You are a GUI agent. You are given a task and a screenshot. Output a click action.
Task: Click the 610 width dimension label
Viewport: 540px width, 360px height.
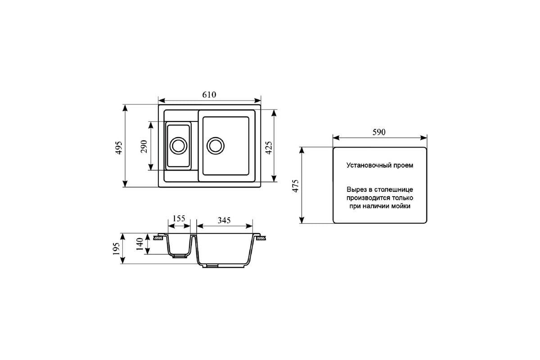(x=209, y=95)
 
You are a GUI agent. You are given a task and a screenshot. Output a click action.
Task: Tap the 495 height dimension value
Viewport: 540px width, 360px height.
(x=119, y=148)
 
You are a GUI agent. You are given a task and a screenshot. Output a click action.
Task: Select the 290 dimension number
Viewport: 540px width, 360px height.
(x=144, y=146)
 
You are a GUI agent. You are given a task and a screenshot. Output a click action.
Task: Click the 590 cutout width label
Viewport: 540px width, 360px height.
(x=379, y=132)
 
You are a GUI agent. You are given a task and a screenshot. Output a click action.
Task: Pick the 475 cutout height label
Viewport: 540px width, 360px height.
(x=295, y=186)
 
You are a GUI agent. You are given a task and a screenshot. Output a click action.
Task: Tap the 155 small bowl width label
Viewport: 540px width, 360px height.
(x=179, y=218)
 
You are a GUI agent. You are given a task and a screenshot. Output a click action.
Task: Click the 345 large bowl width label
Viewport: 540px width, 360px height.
(x=224, y=220)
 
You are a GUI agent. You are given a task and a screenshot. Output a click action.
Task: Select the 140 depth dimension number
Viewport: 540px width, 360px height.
(x=140, y=244)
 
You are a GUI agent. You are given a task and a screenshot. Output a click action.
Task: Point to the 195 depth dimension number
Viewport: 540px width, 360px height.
(x=116, y=248)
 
